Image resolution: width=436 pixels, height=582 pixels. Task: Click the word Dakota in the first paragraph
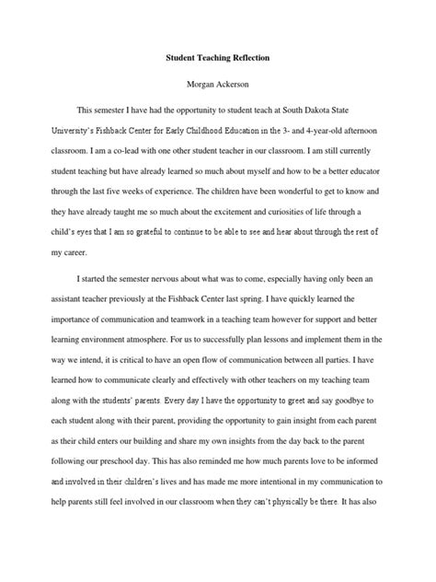pyautogui.click(x=320, y=107)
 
